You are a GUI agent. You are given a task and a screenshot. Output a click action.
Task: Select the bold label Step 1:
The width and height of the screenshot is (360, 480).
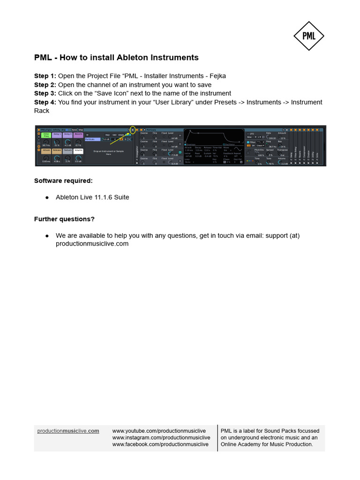pyautogui.click(x=45, y=76)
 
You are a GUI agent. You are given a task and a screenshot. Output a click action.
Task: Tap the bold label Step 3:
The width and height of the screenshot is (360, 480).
pyautogui.click(x=45, y=93)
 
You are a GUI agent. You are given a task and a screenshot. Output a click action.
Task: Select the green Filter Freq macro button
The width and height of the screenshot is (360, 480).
pyautogui.click(x=46, y=135)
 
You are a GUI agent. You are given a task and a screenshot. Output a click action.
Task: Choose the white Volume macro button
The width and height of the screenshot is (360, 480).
pyautogui.click(x=78, y=151)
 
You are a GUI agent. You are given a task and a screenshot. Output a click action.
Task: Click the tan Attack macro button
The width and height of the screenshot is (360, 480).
pyautogui.click(x=46, y=151)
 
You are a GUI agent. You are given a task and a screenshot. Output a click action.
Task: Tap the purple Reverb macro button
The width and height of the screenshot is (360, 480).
pyautogui.click(x=78, y=135)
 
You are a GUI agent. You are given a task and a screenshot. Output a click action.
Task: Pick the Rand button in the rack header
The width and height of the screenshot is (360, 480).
pyautogui.click(x=74, y=129)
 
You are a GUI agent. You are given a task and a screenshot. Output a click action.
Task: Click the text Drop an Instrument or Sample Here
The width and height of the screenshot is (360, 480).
pyautogui.click(x=108, y=152)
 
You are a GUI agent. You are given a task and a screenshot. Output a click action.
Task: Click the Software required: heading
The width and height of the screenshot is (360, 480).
pyautogui.click(x=63, y=180)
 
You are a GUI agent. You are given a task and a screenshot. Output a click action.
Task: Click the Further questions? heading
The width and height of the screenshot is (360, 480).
pyautogui.click(x=64, y=219)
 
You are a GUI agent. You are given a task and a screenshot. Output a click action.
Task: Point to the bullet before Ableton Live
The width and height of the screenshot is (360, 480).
pyautogui.click(x=47, y=198)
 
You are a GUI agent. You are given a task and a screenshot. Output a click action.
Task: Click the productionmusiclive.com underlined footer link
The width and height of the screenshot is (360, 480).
pyautogui.click(x=68, y=431)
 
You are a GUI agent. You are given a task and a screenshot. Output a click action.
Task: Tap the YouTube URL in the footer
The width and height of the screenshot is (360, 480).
pyautogui.click(x=159, y=431)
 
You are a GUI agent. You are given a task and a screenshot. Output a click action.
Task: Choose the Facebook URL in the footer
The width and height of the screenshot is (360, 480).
pyautogui.click(x=160, y=444)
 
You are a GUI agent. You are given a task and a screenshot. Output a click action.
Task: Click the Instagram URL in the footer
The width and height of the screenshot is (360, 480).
pyautogui.click(x=161, y=437)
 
